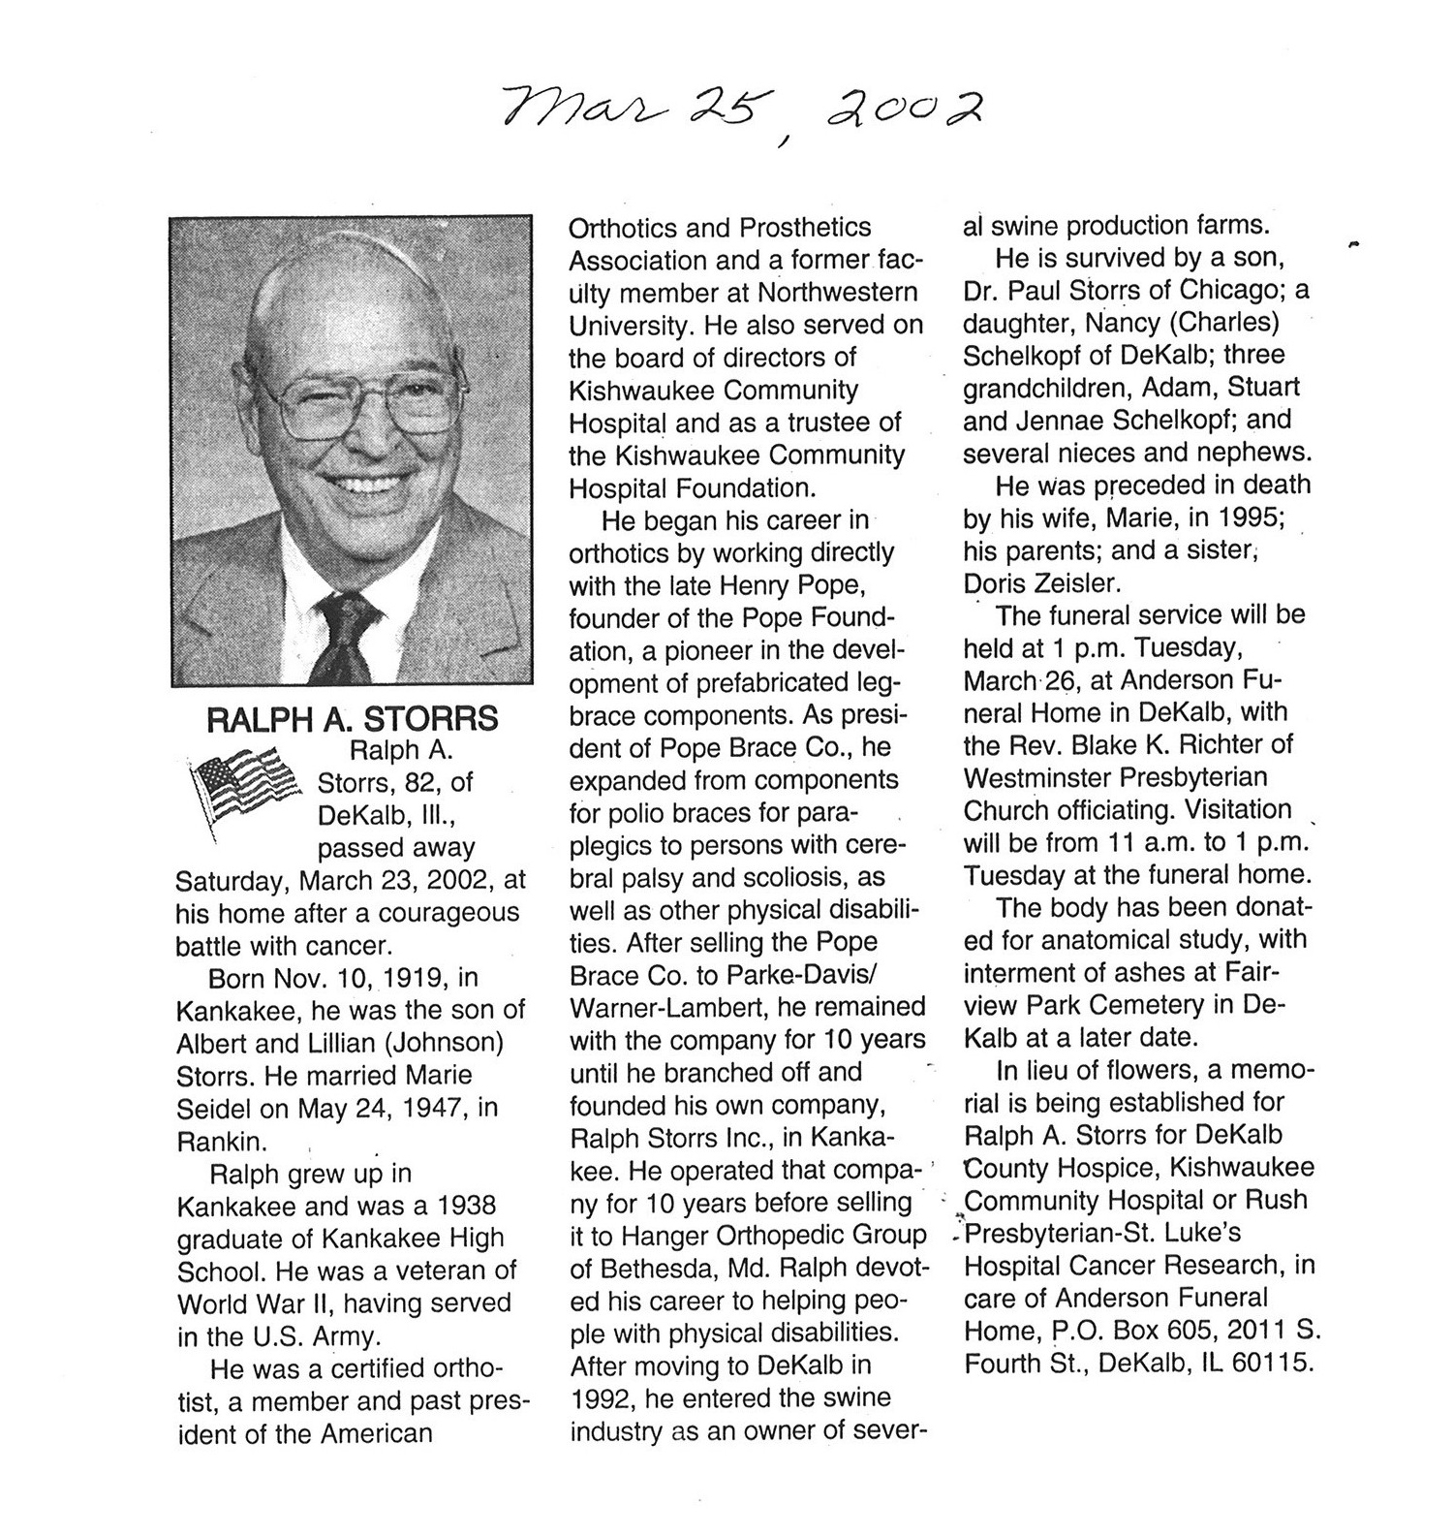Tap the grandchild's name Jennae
coord(1060,420)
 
